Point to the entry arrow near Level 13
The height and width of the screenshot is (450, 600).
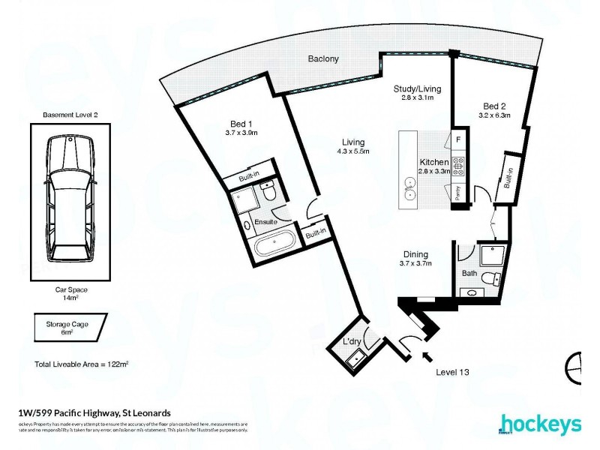[427, 357]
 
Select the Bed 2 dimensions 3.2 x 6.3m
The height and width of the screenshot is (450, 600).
[494, 115]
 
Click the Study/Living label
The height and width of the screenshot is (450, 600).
[418, 88]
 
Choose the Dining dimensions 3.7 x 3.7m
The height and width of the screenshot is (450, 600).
[418, 264]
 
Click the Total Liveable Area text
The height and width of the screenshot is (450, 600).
[82, 364]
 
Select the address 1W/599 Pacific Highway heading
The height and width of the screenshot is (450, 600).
[94, 412]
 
